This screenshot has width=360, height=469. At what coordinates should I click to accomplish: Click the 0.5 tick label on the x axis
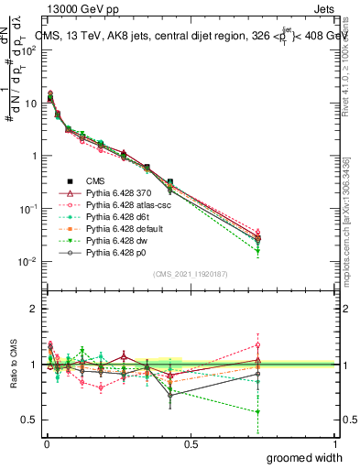coord(191,443)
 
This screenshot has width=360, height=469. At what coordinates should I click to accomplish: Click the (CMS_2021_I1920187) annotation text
coord(190,274)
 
